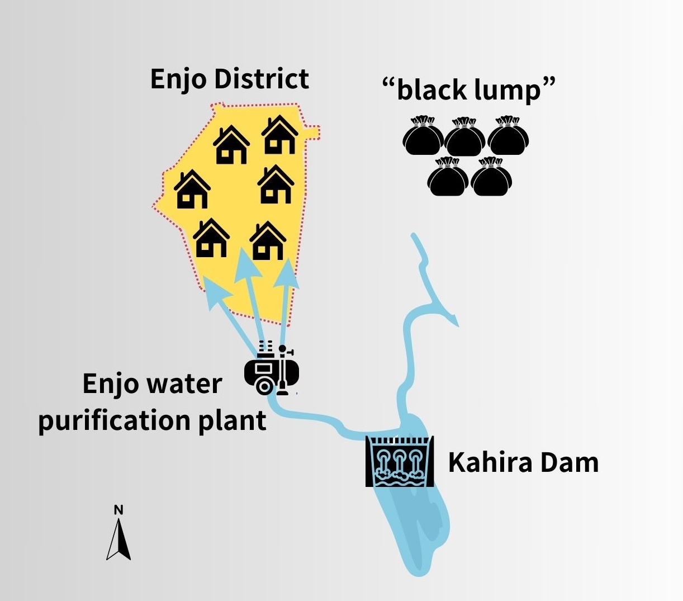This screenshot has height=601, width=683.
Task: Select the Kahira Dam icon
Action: coord(400,461)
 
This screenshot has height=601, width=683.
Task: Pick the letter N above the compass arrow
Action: coord(118,510)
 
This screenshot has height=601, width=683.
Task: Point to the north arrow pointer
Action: coord(118,540)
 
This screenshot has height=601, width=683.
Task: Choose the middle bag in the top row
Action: coord(465,137)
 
